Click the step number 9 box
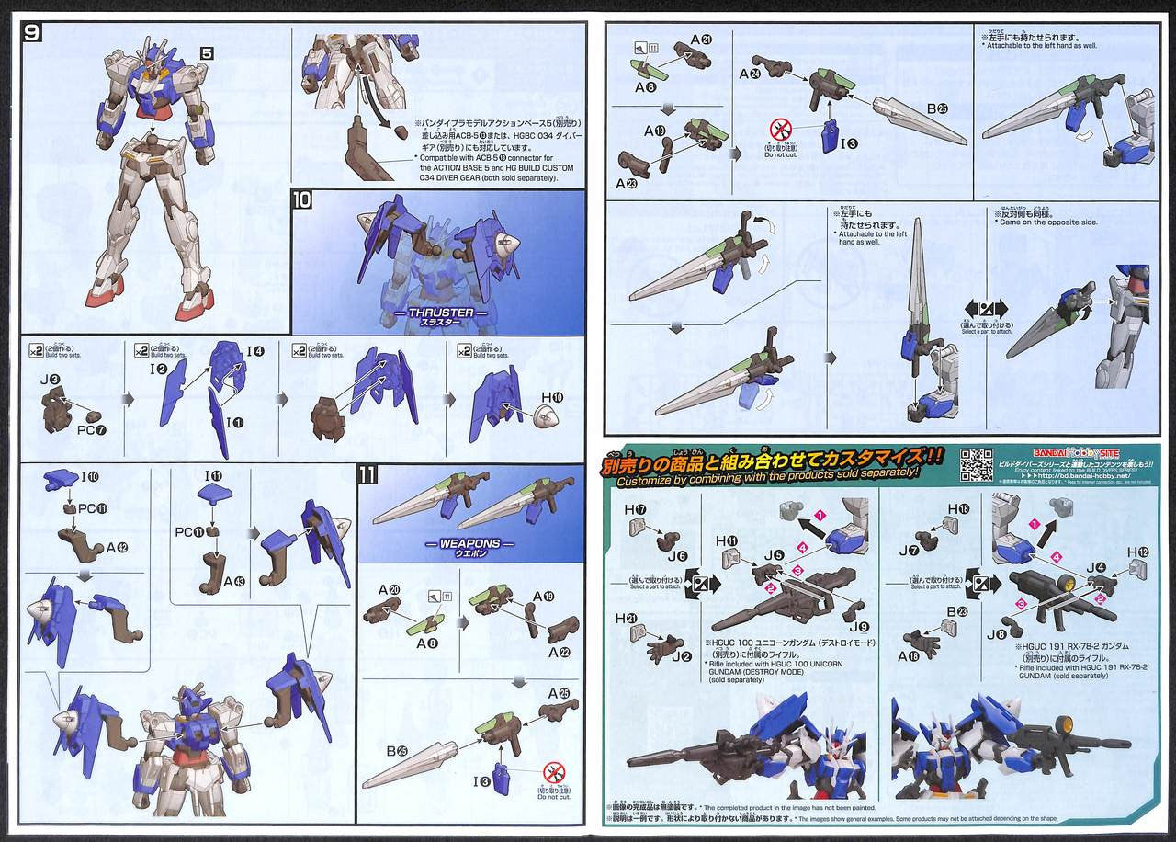(x=31, y=33)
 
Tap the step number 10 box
(x=302, y=199)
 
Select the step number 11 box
(x=367, y=475)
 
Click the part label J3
(x=51, y=379)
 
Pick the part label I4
(x=255, y=350)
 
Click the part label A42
(x=117, y=547)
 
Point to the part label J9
(x=865, y=627)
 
